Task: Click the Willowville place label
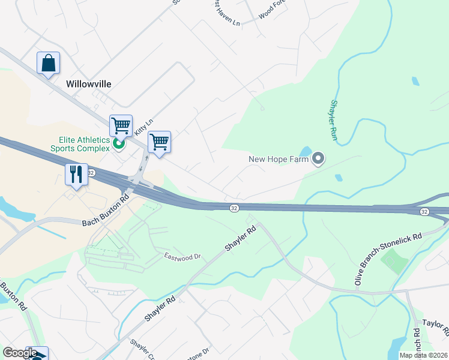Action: (89, 84)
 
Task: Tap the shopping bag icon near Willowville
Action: (48, 63)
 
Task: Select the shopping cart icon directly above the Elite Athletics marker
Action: (121, 126)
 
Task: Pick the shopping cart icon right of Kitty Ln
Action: (159, 142)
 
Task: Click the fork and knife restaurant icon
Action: (76, 175)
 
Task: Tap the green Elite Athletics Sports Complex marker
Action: (119, 143)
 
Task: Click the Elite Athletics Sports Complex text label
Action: (80, 144)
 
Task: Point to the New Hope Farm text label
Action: (279, 159)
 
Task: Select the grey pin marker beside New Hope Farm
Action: (318, 159)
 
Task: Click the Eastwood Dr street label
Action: (182, 256)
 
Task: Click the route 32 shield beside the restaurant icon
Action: (91, 173)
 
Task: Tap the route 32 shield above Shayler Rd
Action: (234, 208)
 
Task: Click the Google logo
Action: (20, 353)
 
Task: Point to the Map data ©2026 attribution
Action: (423, 355)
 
